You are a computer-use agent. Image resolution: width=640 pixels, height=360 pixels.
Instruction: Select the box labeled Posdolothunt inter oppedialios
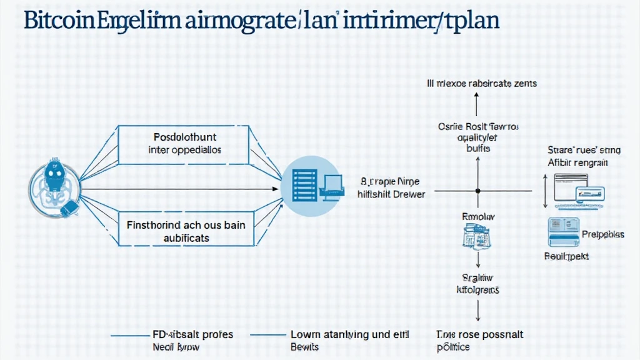185,142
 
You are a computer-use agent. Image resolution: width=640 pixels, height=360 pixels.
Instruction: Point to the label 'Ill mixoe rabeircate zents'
481,82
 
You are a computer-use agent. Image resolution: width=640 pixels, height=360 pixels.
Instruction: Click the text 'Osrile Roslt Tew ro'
478,126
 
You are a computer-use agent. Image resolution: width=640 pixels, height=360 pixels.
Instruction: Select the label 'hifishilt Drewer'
391,194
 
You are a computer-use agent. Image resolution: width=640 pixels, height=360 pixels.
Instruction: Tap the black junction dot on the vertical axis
477,190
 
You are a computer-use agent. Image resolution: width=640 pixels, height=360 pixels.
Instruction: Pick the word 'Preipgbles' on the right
602,234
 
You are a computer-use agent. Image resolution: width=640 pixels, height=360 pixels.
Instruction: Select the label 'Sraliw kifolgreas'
478,284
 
